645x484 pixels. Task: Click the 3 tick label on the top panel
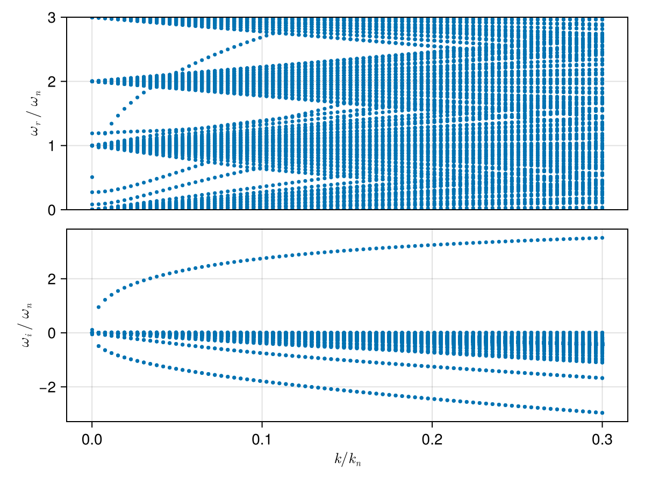tap(52, 18)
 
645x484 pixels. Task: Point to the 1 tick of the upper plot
tap(52, 146)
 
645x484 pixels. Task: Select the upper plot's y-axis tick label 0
tap(52, 210)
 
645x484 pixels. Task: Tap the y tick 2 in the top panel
tap(52, 82)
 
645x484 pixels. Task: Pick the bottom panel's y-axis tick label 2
tap(52, 279)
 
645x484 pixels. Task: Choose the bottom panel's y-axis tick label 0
tap(52, 333)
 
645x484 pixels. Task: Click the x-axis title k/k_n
tap(347, 460)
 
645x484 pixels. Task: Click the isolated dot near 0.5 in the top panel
tap(92, 177)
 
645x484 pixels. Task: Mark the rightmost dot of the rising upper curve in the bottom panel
tap(602, 238)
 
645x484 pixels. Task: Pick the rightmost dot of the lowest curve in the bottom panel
tap(602, 413)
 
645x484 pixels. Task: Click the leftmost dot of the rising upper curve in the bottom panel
tap(98, 307)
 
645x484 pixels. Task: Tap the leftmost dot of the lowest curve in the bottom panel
tap(98, 346)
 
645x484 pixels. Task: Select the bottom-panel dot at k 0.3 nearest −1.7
tap(602, 378)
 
